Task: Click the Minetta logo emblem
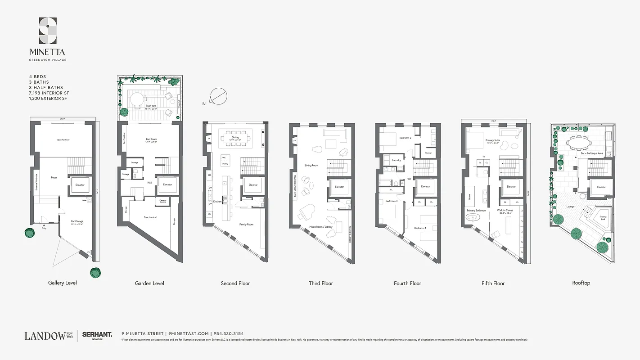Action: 48,30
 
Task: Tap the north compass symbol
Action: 219,96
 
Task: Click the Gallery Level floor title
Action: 63,283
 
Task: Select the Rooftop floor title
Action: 581,283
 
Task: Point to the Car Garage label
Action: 77,221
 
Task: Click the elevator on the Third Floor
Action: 339,187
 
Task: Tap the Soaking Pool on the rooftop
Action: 602,218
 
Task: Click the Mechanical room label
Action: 150,217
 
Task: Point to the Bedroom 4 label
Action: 420,228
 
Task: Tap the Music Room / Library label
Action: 320,227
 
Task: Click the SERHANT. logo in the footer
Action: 97,335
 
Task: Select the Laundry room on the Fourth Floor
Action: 397,160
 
